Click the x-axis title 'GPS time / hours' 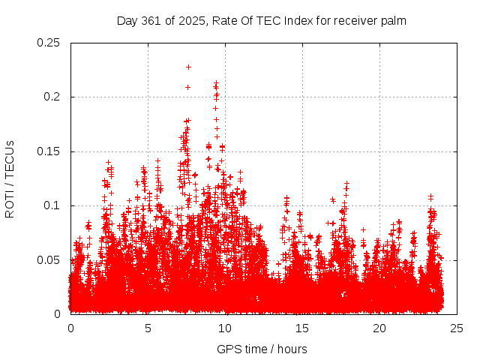[x=262, y=349]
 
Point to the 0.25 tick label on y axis [x=49, y=43]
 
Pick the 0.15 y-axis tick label [x=49, y=151]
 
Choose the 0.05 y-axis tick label [x=49, y=260]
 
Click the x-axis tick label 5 [x=148, y=328]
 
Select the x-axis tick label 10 [x=225, y=328]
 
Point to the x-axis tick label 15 [x=302, y=328]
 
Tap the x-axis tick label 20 [x=379, y=328]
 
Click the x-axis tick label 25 [x=457, y=328]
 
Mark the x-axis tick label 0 [x=70, y=328]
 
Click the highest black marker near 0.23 [x=188, y=67]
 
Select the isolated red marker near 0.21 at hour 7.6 [x=187, y=87]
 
